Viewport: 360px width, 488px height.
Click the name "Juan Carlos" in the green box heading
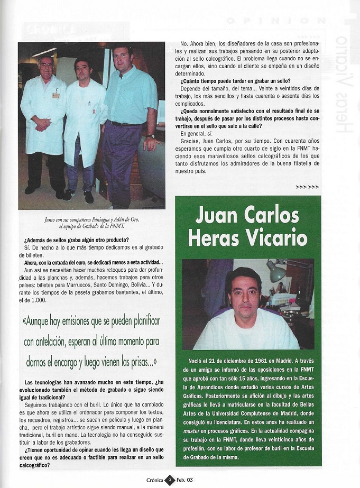pyautogui.click(x=248, y=215)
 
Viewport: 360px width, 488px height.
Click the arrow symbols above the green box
pyautogui.click(x=307, y=187)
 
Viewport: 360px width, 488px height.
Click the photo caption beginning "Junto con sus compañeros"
pyautogui.click(x=91, y=223)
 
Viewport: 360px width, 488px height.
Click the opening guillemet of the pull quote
pyautogui.click(x=26, y=321)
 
